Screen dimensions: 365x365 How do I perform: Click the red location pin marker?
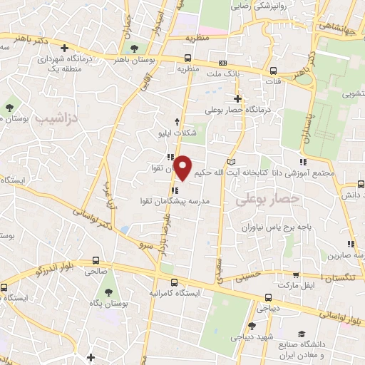[183, 168]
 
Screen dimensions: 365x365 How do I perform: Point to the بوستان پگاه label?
[107, 304]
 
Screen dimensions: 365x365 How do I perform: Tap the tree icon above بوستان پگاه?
[107, 292]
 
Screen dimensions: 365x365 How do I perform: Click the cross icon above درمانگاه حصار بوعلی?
[237, 98]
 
